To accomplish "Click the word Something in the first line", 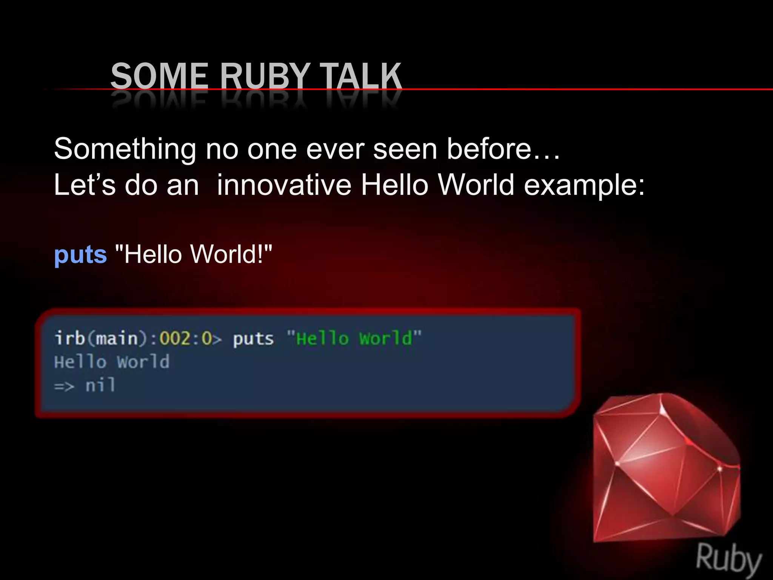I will (x=125, y=149).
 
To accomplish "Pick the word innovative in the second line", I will (x=284, y=185).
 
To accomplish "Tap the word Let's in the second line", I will (x=85, y=185).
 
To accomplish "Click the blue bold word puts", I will (x=80, y=255).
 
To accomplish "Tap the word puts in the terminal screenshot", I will (x=253, y=338).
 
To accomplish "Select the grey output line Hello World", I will (x=112, y=362).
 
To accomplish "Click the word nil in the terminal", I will (x=100, y=386).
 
